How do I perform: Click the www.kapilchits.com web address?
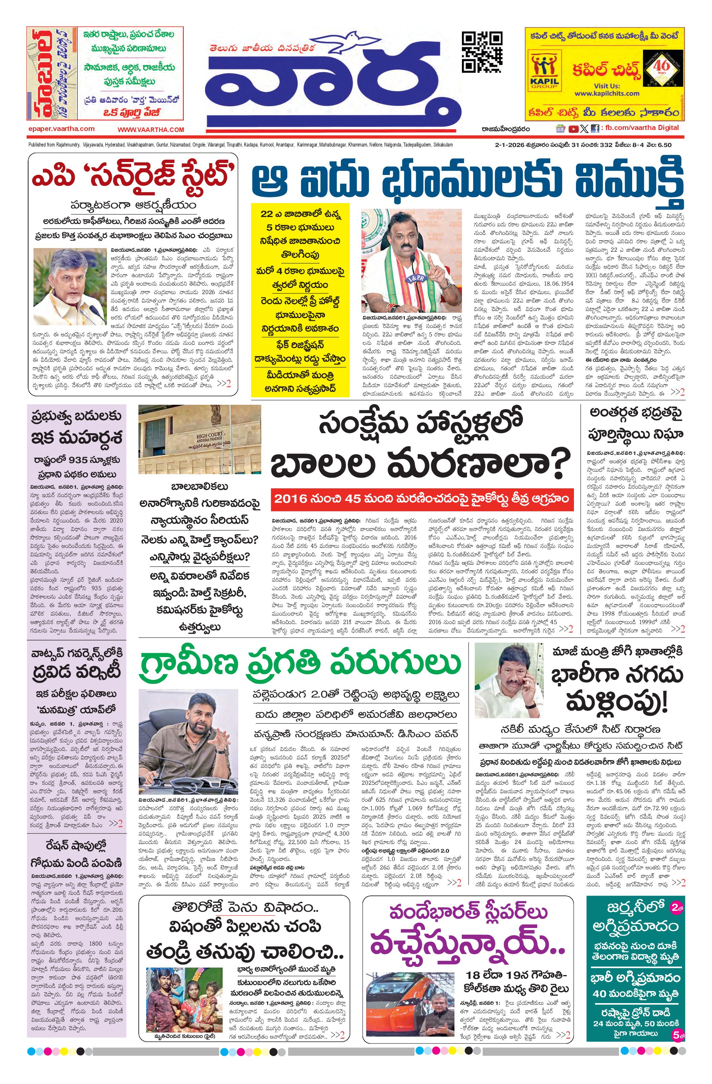pyautogui.click(x=606, y=93)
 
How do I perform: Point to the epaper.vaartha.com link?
pyautogui.click(x=61, y=129)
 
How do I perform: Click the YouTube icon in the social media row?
pyautogui.click(x=574, y=129)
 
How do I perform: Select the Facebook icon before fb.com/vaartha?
pyautogui.click(x=595, y=129)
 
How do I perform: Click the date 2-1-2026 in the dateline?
pyautogui.click(x=509, y=145)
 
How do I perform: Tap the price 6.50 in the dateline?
pyautogui.click(x=664, y=145)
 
